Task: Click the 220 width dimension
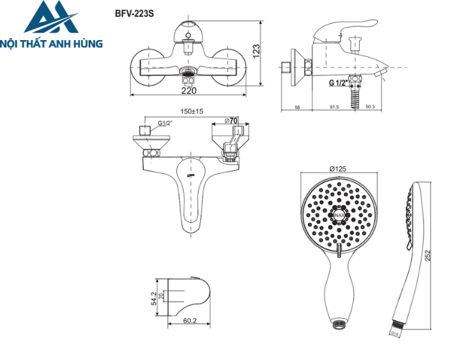click(x=189, y=90)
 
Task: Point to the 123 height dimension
click(x=256, y=50)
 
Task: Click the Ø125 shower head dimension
click(x=338, y=168)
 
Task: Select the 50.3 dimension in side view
click(x=370, y=107)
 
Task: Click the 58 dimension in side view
click(x=298, y=107)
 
